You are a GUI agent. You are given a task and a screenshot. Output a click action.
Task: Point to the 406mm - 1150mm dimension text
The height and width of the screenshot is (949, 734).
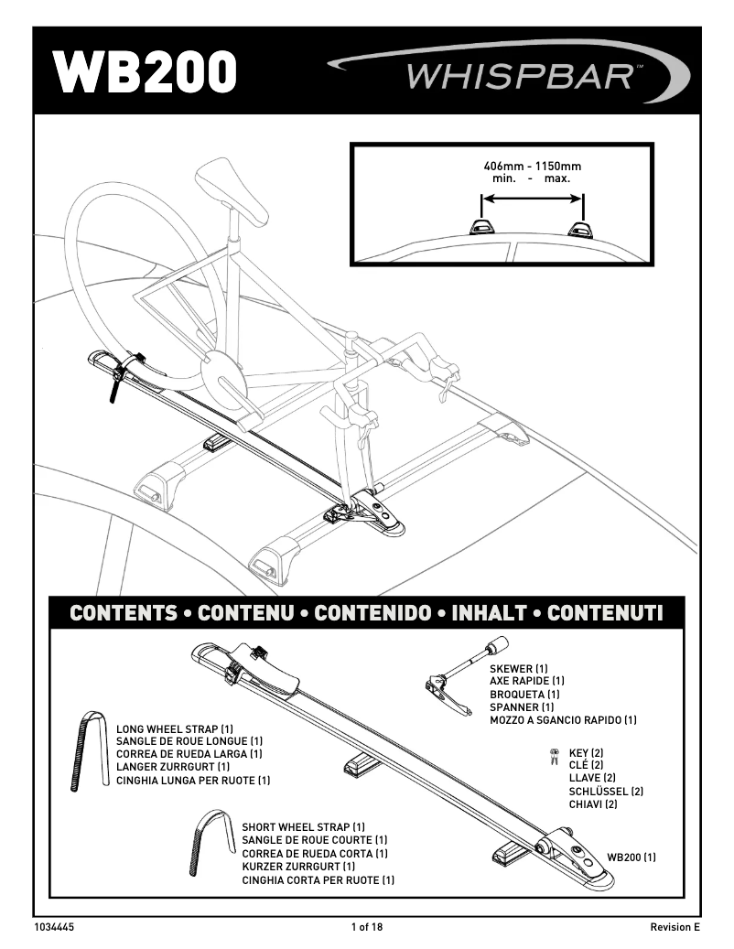tap(532, 167)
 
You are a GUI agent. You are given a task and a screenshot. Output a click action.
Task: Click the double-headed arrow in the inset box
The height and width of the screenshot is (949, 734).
tap(532, 196)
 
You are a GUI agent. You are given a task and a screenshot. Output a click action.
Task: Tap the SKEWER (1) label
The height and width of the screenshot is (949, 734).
tap(518, 670)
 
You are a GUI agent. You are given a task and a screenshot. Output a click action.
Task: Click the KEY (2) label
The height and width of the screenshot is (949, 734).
tap(586, 753)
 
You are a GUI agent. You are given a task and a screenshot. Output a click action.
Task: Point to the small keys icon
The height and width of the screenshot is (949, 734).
tap(554, 755)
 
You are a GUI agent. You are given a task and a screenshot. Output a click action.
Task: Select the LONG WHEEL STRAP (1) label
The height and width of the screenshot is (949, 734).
tap(175, 729)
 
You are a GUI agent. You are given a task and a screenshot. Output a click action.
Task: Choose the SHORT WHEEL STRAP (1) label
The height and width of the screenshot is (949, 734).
tap(303, 827)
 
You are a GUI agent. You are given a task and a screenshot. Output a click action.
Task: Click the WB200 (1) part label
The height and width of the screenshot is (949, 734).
tap(631, 857)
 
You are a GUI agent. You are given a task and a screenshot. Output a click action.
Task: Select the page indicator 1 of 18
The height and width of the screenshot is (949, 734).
tap(367, 927)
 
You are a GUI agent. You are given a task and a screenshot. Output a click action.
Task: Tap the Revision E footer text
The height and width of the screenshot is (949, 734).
tap(675, 927)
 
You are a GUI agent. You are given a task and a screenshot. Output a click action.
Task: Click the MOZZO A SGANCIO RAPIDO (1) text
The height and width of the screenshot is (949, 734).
tap(563, 721)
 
